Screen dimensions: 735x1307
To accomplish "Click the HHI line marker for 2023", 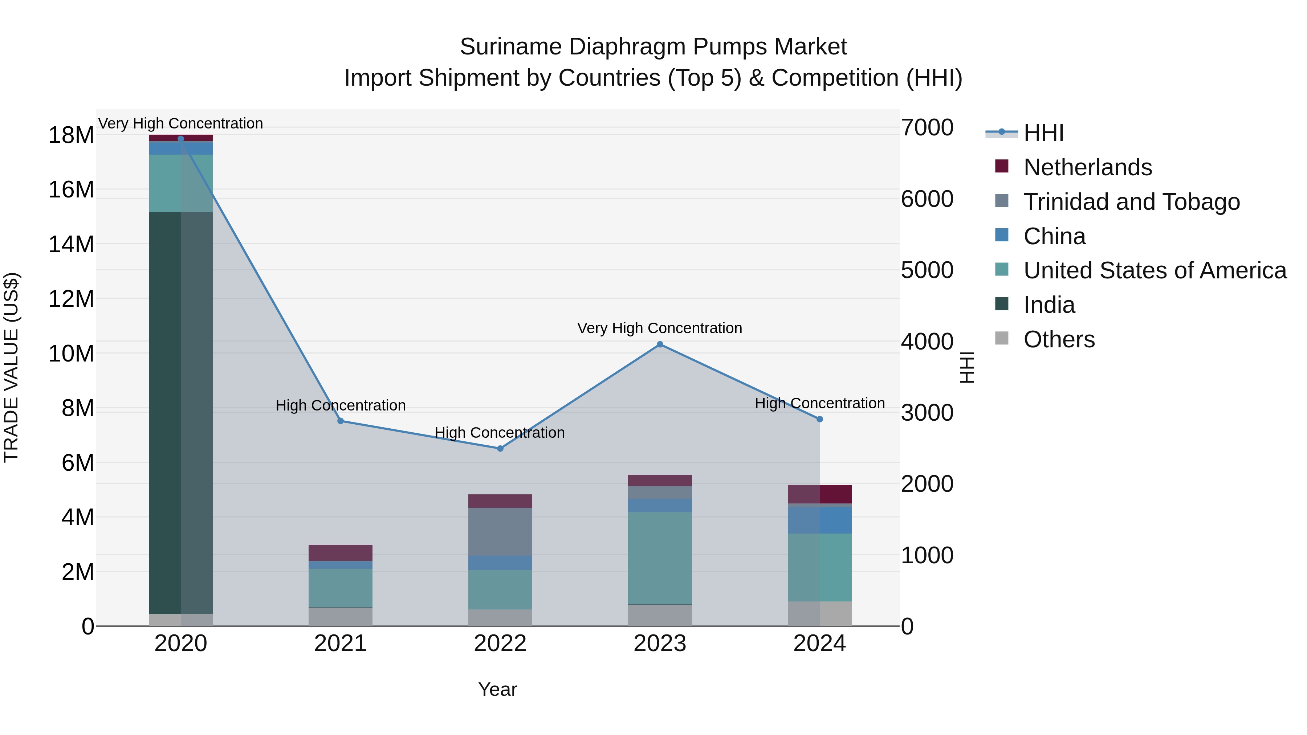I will [x=660, y=344].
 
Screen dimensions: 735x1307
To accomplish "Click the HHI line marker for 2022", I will [x=500, y=448].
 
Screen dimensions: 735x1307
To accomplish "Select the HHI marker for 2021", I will [x=341, y=421].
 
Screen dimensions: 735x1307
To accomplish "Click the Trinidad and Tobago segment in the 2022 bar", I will [x=500, y=532].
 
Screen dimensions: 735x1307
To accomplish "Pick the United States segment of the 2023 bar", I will [x=660, y=558].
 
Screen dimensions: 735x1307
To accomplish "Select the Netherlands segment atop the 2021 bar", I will [x=341, y=552].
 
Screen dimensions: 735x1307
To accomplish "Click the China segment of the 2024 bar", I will [x=819, y=520].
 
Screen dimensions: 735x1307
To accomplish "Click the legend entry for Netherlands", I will [x=1087, y=167].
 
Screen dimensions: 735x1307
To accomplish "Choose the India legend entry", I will [x=1049, y=305].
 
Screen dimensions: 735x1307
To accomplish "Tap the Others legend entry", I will [x=1059, y=339].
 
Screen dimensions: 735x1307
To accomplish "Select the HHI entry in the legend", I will [x=1043, y=133].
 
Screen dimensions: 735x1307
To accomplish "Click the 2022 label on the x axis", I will [x=500, y=644].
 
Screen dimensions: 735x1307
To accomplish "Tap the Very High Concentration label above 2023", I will [x=660, y=328].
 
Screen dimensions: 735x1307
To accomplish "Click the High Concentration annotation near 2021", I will [x=341, y=405].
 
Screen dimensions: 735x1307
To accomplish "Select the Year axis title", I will [x=497, y=689].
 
